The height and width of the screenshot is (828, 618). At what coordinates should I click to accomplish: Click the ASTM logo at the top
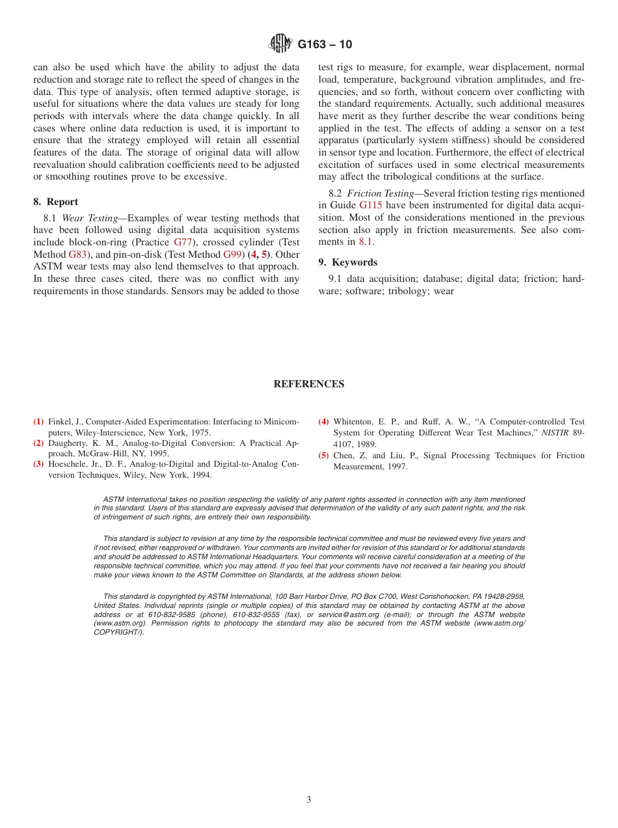(281, 44)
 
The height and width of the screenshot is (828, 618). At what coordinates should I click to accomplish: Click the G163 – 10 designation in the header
(325, 44)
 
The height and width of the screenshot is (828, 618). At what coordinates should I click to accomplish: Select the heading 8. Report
(55, 202)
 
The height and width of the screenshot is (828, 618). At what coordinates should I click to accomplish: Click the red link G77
(183, 242)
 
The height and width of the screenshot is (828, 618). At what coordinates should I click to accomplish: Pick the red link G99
(233, 255)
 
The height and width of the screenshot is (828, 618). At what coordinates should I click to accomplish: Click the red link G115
(370, 206)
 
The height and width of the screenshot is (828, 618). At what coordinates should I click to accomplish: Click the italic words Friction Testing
(380, 193)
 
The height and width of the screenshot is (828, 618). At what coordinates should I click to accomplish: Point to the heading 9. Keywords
(347, 262)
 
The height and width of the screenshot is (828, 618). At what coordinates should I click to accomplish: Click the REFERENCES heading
(308, 384)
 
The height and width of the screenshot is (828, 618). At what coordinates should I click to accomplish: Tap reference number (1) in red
(38, 422)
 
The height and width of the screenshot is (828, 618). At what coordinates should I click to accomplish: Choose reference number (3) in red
(38, 464)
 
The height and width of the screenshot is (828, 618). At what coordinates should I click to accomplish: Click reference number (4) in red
(323, 422)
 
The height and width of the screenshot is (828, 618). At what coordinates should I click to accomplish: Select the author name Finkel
(59, 422)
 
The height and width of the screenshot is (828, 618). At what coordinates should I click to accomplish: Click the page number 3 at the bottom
(308, 800)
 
